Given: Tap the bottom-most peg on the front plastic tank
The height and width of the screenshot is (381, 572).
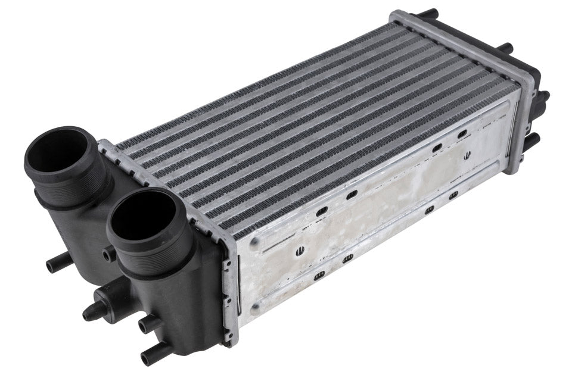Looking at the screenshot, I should pyautogui.click(x=152, y=355).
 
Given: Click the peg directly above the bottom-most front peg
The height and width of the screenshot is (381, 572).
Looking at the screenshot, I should pyautogui.click(x=148, y=324).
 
